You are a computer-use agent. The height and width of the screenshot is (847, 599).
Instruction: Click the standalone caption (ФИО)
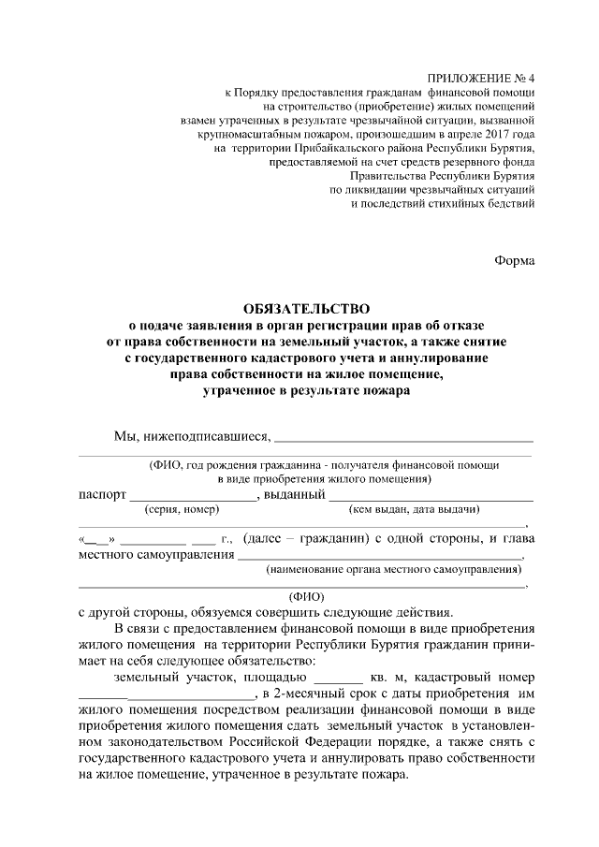pos(308,593)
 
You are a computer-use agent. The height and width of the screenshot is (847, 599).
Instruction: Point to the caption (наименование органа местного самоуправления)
pos(393,569)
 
